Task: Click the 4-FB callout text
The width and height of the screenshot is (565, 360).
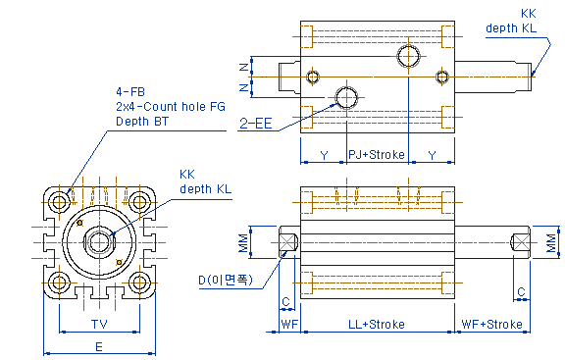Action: click(x=130, y=92)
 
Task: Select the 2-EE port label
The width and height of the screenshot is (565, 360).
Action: click(x=256, y=124)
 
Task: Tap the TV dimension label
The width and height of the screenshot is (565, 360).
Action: click(x=99, y=325)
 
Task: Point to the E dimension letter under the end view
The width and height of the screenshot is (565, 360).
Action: click(x=99, y=347)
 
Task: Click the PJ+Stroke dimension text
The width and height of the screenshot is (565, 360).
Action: click(x=377, y=155)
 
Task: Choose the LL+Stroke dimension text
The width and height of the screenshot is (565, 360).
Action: click(x=377, y=325)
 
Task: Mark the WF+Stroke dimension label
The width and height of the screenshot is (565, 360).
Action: click(x=491, y=325)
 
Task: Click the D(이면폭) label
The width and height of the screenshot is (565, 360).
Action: click(x=226, y=280)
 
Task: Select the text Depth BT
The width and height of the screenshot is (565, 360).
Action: click(x=142, y=122)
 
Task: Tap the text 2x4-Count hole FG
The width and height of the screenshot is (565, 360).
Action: click(x=171, y=107)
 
